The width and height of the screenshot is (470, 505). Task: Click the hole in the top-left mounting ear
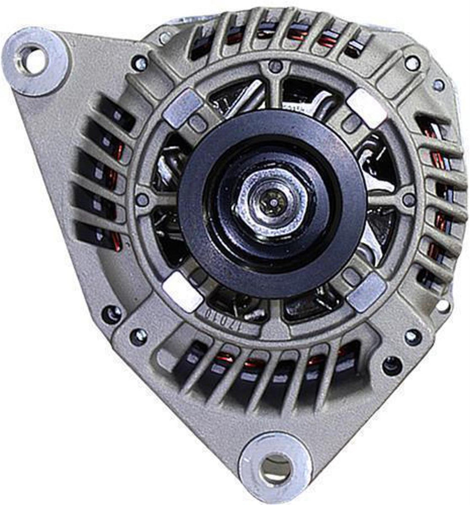34,59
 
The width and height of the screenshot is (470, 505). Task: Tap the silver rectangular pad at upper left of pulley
183,107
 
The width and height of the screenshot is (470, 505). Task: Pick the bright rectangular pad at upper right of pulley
366,108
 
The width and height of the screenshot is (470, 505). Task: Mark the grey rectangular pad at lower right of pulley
366,292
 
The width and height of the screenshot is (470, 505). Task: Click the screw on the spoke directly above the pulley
275,66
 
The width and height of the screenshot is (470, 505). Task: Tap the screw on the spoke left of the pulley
142,200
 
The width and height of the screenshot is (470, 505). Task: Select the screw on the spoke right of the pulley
408,200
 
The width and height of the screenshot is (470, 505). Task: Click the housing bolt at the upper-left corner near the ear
140,63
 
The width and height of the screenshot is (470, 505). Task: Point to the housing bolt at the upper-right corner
412,63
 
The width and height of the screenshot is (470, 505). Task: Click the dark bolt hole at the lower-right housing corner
392,366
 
